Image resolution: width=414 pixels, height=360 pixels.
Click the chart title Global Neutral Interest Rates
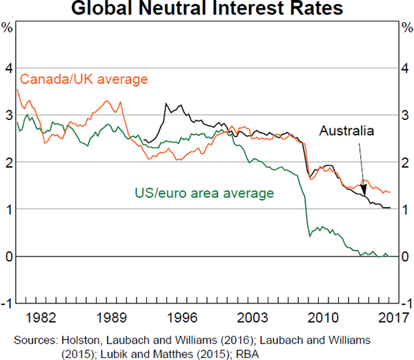click(x=206, y=10)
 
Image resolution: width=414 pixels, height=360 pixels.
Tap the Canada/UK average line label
click(x=84, y=79)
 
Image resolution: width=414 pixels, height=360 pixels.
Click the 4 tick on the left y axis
click(x=8, y=68)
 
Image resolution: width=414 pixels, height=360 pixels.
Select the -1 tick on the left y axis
click(x=6, y=303)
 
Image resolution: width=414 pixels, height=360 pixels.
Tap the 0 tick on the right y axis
click(x=406, y=257)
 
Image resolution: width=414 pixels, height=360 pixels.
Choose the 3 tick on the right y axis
click(x=406, y=115)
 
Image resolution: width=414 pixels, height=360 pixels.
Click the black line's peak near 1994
click(x=166, y=104)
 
